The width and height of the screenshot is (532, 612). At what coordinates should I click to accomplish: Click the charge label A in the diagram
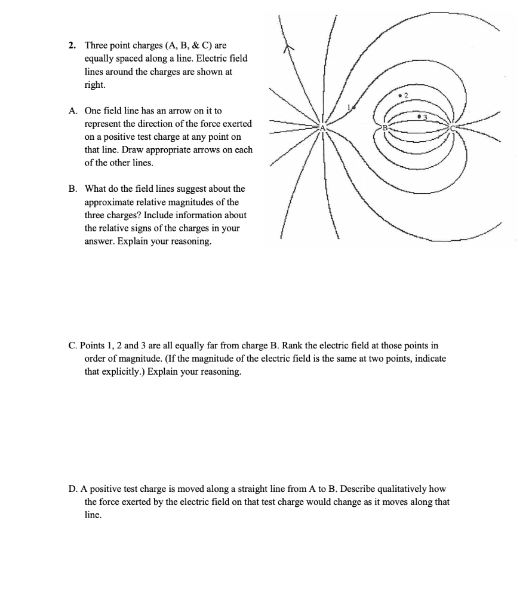[323, 127]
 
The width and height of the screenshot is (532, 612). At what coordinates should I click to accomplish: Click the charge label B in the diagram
[386, 127]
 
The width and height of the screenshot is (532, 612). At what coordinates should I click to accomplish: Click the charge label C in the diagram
[452, 127]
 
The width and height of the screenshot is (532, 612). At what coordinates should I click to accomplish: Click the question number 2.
[72, 45]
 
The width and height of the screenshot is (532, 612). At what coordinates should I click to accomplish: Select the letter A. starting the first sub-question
[72, 111]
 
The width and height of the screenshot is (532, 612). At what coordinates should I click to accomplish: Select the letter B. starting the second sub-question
[72, 189]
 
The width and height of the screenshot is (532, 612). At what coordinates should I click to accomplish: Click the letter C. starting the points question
[72, 345]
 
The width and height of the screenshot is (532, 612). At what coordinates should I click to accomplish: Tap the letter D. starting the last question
[72, 489]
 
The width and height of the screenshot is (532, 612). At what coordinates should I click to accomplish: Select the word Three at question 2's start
[96, 45]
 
